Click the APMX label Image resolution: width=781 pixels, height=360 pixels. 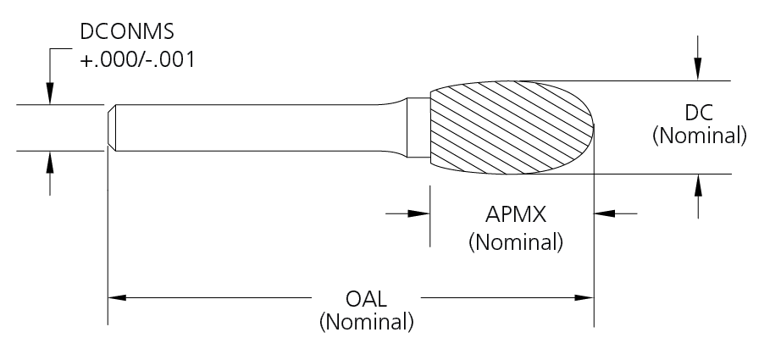tap(514, 214)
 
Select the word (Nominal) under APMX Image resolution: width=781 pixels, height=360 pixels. tap(516, 242)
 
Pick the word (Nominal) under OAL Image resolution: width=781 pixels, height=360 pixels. tap(366, 323)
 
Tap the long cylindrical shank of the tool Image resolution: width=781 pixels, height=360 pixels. tap(254, 128)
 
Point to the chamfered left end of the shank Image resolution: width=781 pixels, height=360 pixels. tap(112, 128)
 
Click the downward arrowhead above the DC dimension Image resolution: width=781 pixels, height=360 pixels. tap(697, 73)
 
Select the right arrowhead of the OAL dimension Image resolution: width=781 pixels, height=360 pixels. tap(585, 298)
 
